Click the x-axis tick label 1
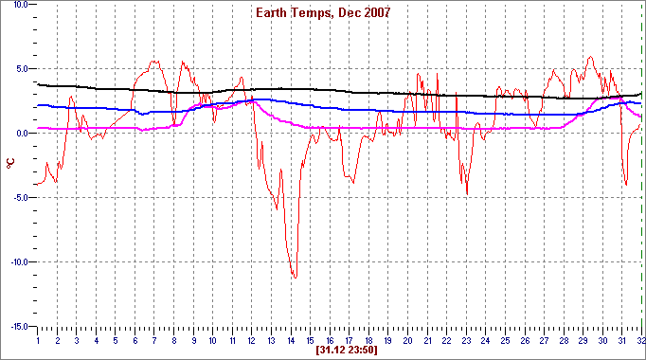point(38,339)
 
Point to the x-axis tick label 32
point(641,339)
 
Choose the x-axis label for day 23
point(466,339)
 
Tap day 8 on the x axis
point(174,339)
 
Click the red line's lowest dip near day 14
point(295,277)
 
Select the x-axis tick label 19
point(388,339)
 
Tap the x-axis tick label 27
point(544,339)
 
